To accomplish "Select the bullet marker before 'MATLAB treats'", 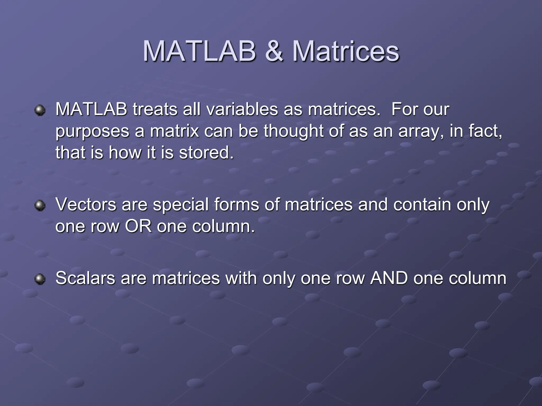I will (x=40, y=110).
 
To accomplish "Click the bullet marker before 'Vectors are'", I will (x=40, y=205).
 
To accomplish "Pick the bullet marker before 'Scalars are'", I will (x=40, y=279).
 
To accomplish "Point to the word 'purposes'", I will (x=92, y=131).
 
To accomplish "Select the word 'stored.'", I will (x=206, y=153).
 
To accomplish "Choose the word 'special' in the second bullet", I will (x=181, y=205).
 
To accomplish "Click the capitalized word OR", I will (x=138, y=226).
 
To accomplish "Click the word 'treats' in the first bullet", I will (x=155, y=109).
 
